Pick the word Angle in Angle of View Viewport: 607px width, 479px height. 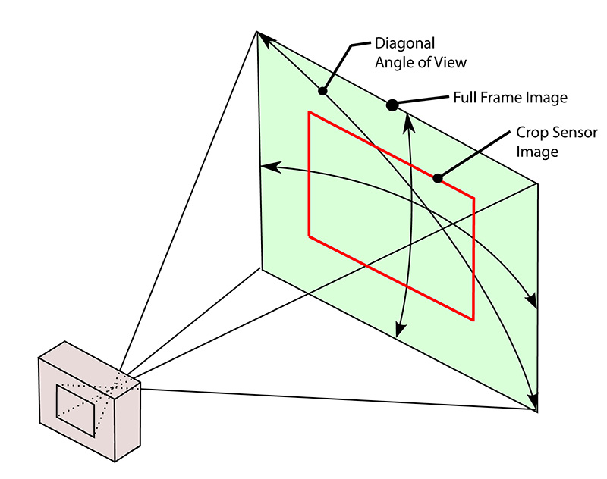pos(393,61)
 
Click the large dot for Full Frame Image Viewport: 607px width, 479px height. pos(392,105)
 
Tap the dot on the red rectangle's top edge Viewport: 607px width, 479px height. pos(437,179)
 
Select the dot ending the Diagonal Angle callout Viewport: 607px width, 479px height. pos(322,92)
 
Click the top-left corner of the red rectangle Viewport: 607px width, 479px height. pos(309,112)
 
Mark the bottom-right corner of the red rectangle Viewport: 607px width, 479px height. pos(473,319)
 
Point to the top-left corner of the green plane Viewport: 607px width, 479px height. pos(258,32)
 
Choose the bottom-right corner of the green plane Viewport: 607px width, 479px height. pos(536,411)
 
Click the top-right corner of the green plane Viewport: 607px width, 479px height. pos(538,183)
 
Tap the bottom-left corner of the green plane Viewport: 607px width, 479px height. pos(262,268)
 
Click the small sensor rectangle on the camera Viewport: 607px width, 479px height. pos(76,410)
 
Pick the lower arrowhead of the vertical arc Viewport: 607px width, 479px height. pos(399,331)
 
